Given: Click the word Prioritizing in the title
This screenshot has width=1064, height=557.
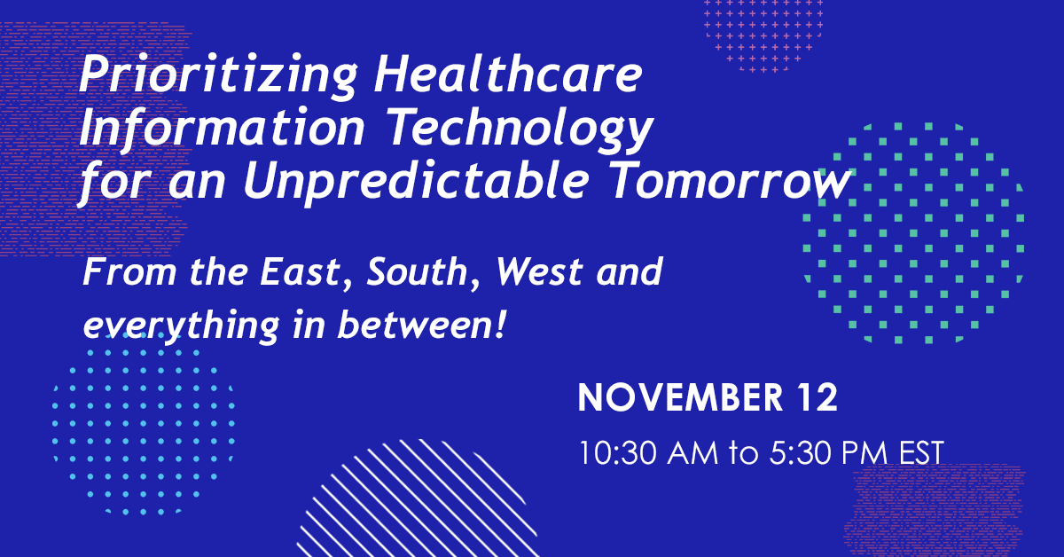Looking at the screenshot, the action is (x=217, y=76).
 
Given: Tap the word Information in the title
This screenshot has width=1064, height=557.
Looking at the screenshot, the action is (x=223, y=129).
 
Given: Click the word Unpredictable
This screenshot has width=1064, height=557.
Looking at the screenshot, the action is (x=416, y=183).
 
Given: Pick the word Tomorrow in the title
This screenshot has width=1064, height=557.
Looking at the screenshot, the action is (x=730, y=181).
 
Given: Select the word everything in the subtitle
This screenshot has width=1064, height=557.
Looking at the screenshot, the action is (x=182, y=326).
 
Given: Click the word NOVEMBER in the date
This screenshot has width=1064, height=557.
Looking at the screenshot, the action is (x=680, y=397).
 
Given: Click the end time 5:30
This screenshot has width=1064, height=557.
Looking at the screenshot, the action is (x=802, y=452).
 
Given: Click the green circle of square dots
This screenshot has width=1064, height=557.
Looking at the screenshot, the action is (x=913, y=233).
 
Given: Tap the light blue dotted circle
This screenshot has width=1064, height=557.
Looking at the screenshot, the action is (x=143, y=423).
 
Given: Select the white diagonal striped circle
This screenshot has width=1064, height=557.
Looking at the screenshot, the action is (x=418, y=499).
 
